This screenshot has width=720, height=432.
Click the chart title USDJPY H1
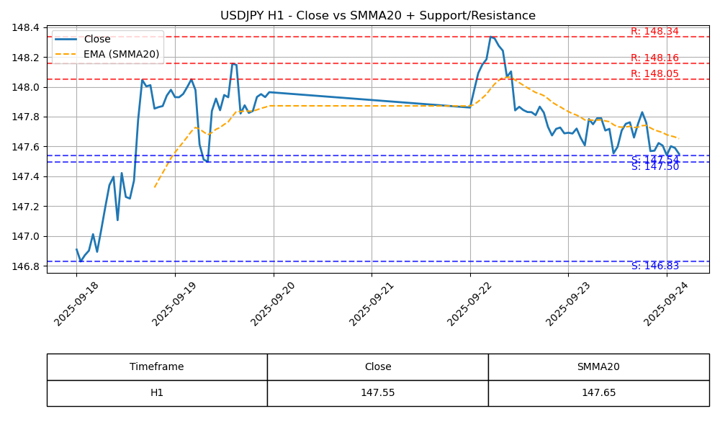click(378, 16)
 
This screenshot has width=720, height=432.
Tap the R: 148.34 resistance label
click(654, 32)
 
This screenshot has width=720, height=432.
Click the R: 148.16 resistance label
click(654, 58)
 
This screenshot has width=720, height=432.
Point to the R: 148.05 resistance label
click(654, 74)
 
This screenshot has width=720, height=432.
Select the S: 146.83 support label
click(654, 266)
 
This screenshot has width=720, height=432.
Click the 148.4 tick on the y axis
click(26, 28)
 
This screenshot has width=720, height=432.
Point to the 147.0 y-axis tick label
click(26, 237)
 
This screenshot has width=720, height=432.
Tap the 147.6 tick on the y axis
click(26, 147)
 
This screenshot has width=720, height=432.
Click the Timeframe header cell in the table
click(157, 367)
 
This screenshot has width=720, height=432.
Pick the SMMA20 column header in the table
click(598, 367)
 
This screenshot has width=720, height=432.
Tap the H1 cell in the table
click(157, 393)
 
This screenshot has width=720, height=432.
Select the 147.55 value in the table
click(377, 393)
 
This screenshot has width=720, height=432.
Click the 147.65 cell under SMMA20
click(598, 393)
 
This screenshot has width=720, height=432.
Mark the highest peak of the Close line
click(491, 37)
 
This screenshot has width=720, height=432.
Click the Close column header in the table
click(377, 367)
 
